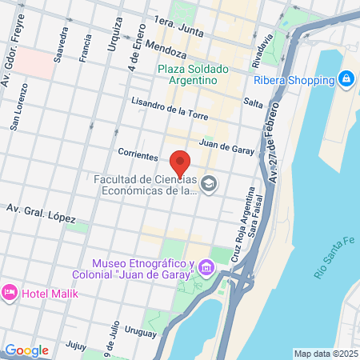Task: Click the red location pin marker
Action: (x=180, y=162)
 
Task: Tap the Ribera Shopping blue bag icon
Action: (x=346, y=78)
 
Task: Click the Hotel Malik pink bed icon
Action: (x=10, y=293)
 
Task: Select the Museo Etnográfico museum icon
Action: (x=206, y=266)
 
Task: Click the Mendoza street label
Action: (x=166, y=50)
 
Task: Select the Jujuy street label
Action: (x=76, y=345)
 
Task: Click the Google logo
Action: (x=26, y=350)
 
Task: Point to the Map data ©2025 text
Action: (x=325, y=354)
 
